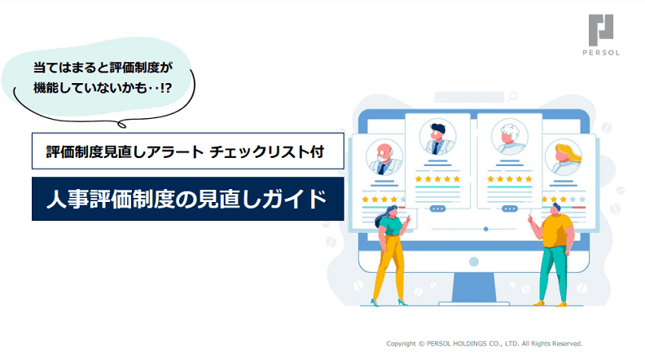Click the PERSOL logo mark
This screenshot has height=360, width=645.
[600, 30]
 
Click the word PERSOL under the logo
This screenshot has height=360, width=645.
[601, 53]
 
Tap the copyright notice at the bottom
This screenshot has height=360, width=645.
[485, 344]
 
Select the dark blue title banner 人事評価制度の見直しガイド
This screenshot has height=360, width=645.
[187, 199]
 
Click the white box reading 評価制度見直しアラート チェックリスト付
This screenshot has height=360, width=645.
[187, 151]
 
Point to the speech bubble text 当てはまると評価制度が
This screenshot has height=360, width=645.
[103, 68]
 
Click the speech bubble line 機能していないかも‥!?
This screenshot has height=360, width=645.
[103, 88]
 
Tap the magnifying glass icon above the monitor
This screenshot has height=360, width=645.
[512, 97]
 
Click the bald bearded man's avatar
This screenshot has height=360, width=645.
[384, 156]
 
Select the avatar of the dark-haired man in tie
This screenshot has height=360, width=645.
[437, 137]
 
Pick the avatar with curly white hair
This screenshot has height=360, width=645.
[509, 137]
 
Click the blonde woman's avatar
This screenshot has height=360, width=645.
[563, 156]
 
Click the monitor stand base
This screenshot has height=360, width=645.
[473, 304]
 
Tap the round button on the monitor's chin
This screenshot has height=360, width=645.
[474, 261]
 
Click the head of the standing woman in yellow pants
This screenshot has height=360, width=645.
[391, 212]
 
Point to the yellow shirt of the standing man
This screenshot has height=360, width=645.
[557, 231]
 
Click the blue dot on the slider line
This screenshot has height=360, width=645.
[486, 229]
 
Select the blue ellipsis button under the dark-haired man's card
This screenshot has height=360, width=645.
[437, 209]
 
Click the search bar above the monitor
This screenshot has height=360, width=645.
[469, 97]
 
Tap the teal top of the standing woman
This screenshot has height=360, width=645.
[390, 226]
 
